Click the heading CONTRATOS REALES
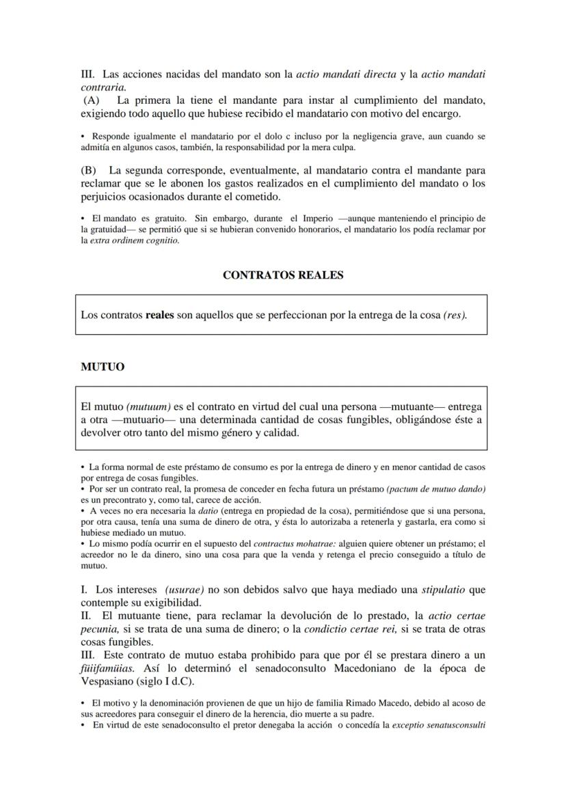coord(283,275)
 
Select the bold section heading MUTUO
coord(103,367)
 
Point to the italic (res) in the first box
coord(455,315)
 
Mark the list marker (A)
coord(91,100)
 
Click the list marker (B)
coord(89,170)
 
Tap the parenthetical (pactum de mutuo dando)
coord(436,489)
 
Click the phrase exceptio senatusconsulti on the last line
coord(438,726)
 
